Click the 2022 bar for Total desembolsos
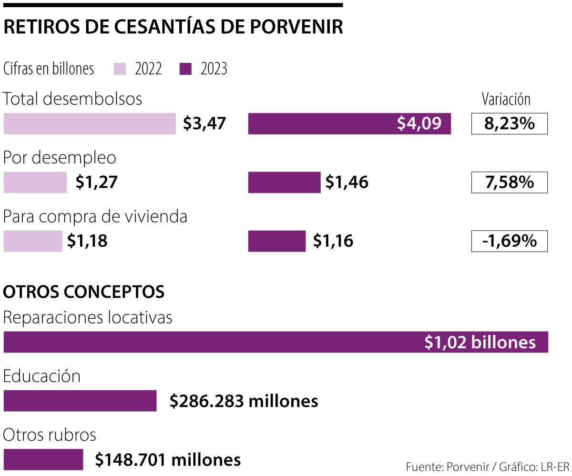90,124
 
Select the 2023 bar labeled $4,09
349,124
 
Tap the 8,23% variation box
509,124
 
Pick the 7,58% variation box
509,182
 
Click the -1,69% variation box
509,241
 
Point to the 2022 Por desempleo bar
35,182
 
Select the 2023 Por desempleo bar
284,182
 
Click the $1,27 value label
96,182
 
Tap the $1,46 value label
347,182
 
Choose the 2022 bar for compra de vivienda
33,241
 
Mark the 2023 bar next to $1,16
277,241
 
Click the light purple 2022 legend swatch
120,69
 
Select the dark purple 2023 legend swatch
185,69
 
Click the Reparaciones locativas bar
276,342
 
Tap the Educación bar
80,401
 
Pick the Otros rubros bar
43,459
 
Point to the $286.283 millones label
244,401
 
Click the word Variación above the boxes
506,99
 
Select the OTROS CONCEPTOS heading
84,292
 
